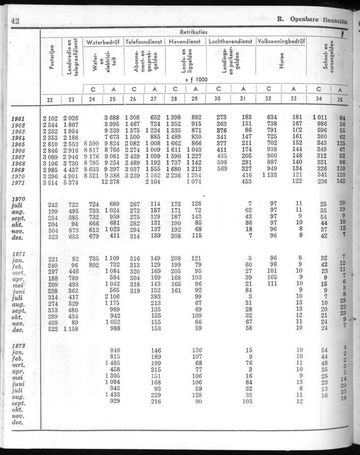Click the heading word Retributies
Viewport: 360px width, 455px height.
pyautogui.click(x=194, y=32)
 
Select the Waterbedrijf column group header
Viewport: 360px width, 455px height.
pyautogui.click(x=103, y=42)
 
